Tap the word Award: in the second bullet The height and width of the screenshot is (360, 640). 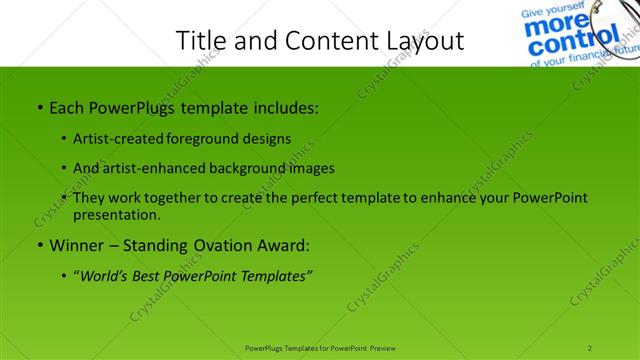[x=282, y=244]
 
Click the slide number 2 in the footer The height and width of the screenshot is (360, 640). [x=591, y=347]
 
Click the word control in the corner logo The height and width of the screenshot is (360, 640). [x=564, y=45]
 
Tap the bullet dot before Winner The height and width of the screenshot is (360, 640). [x=39, y=245]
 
